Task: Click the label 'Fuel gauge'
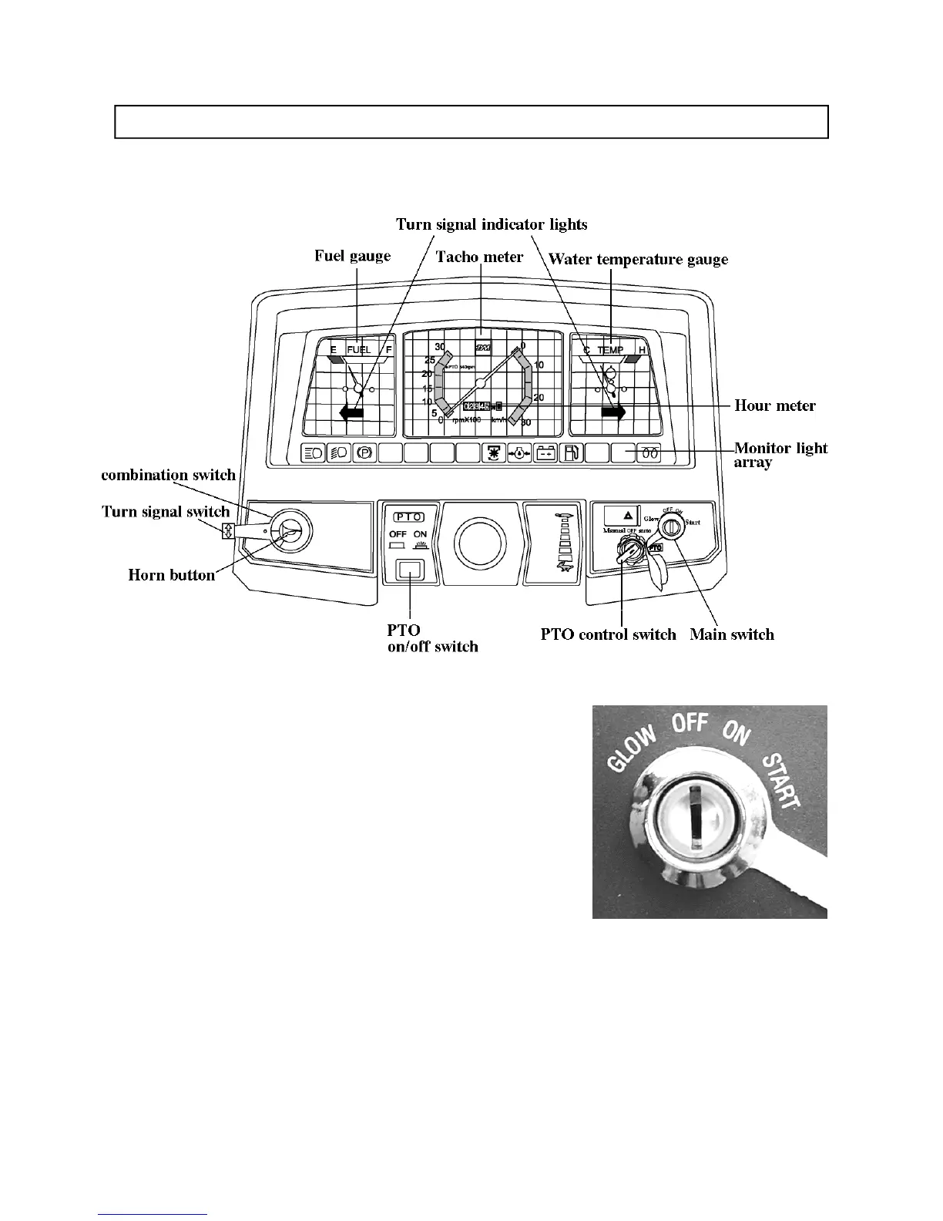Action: coord(352,256)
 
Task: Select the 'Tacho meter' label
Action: coord(479,257)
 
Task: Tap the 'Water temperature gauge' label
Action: coord(638,259)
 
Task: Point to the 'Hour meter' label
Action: coord(774,405)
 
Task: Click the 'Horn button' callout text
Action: coord(171,575)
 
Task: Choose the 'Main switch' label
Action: coord(731,634)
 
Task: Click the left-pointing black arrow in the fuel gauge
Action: coord(351,413)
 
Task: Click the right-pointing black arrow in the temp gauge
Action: coord(614,413)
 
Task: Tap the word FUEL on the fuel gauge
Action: coord(358,350)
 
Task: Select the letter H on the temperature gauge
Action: coord(642,350)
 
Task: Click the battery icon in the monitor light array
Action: coord(545,453)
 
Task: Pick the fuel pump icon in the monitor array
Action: coord(571,453)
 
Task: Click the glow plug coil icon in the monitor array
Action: coord(649,453)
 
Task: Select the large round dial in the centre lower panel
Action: coord(478,539)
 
